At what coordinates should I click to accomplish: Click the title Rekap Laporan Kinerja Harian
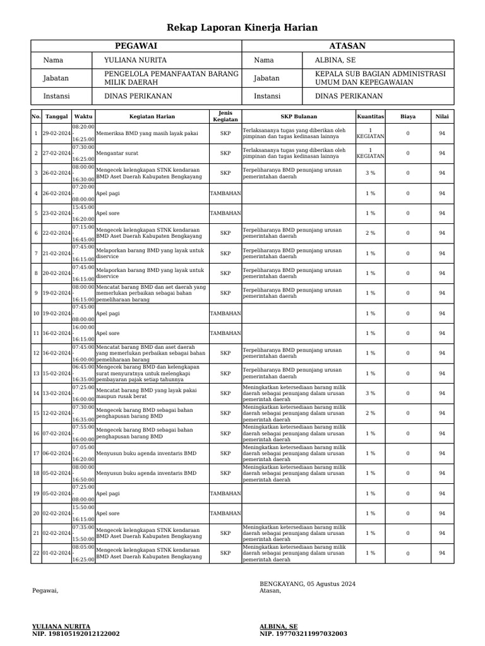pyautogui.click(x=242, y=28)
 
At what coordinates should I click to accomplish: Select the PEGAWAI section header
pyautogui.click(x=136, y=46)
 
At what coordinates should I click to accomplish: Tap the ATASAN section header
pyautogui.click(x=347, y=46)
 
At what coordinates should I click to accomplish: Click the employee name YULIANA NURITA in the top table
pyautogui.click(x=135, y=60)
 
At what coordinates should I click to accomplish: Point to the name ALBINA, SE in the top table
pyautogui.click(x=335, y=60)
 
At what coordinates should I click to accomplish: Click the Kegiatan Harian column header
pyautogui.click(x=152, y=116)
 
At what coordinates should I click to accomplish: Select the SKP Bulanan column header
pyautogui.click(x=299, y=116)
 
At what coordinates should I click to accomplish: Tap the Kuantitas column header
pyautogui.click(x=370, y=116)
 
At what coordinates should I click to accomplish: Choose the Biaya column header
pyautogui.click(x=408, y=116)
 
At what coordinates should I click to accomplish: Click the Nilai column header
pyautogui.click(x=442, y=116)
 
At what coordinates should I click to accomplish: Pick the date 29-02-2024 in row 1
pyautogui.click(x=56, y=133)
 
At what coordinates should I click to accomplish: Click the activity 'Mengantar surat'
pyautogui.click(x=117, y=153)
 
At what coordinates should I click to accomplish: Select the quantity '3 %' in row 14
pyautogui.click(x=370, y=393)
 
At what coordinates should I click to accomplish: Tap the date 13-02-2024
pyautogui.click(x=56, y=393)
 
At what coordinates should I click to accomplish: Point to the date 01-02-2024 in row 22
pyautogui.click(x=56, y=553)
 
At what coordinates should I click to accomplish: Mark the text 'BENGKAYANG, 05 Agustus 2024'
pyautogui.click(x=308, y=584)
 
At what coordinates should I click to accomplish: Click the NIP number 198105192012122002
pyautogui.click(x=76, y=633)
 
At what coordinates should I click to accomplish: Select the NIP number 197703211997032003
pyautogui.click(x=303, y=633)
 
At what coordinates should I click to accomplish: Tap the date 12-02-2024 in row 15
pyautogui.click(x=56, y=413)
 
